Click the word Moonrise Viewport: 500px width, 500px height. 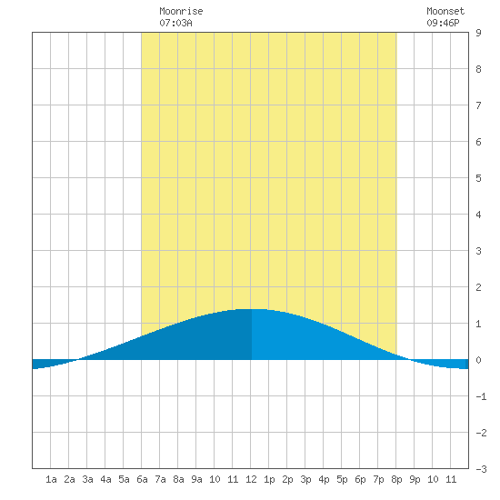181,11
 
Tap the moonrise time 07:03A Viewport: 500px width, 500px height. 175,23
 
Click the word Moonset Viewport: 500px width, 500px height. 445,11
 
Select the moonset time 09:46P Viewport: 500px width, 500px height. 443,23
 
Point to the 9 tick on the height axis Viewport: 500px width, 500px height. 478,33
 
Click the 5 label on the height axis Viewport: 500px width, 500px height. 478,178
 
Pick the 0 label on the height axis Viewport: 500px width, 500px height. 478,360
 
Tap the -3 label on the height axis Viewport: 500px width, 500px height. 481,469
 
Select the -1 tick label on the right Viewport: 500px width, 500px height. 481,396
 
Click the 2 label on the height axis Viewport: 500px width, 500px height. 478,287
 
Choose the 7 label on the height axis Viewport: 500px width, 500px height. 478,105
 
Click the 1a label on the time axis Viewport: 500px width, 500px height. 51,479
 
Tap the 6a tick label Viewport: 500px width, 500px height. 142,479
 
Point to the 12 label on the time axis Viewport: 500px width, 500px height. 251,479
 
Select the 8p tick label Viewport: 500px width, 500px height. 396,479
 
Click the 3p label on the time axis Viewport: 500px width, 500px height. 305,479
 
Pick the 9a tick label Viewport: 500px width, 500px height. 196,479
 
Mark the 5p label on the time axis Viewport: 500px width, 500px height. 342,479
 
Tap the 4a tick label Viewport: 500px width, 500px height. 105,479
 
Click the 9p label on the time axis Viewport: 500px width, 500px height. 415,479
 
